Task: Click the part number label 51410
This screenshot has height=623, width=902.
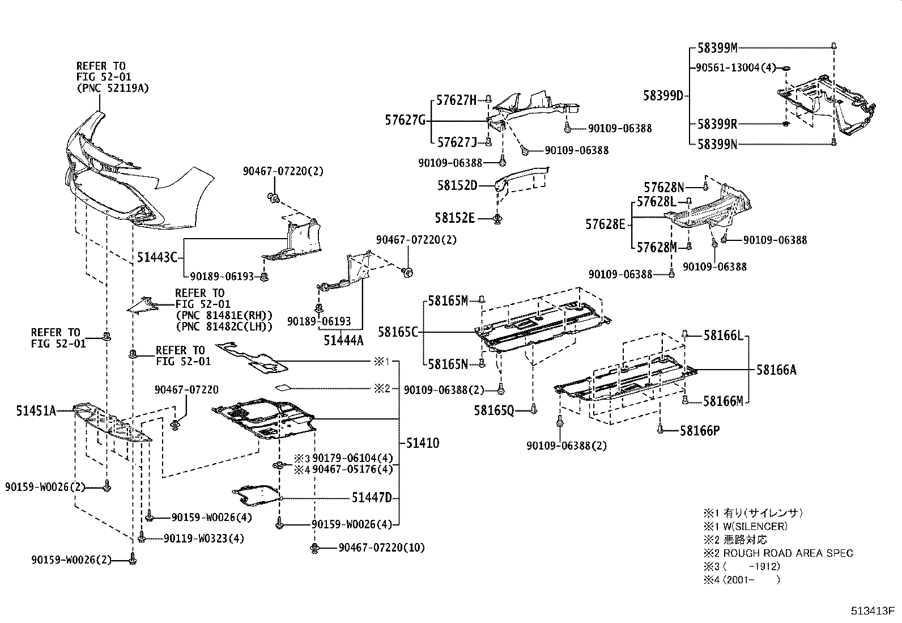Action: pos(422,443)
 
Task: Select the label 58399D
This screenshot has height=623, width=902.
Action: pos(663,95)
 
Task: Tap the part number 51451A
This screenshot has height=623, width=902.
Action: pos(36,410)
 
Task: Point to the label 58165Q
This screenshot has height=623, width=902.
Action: pos(494,409)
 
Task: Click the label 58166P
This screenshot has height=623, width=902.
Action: pos(700,431)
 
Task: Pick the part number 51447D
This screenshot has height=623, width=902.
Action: pos(372,498)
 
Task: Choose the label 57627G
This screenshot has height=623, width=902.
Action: pos(405,120)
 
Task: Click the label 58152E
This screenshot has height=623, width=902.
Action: pos(455,218)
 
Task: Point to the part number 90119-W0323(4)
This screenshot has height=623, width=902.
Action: pos(203,538)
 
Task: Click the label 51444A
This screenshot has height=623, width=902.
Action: pos(343,340)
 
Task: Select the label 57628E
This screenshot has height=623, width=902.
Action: pos(605,224)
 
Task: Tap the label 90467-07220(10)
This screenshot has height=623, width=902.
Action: pos(381,548)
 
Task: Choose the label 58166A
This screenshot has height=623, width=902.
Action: pos(776,370)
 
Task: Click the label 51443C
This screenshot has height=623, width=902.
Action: pos(158,257)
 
